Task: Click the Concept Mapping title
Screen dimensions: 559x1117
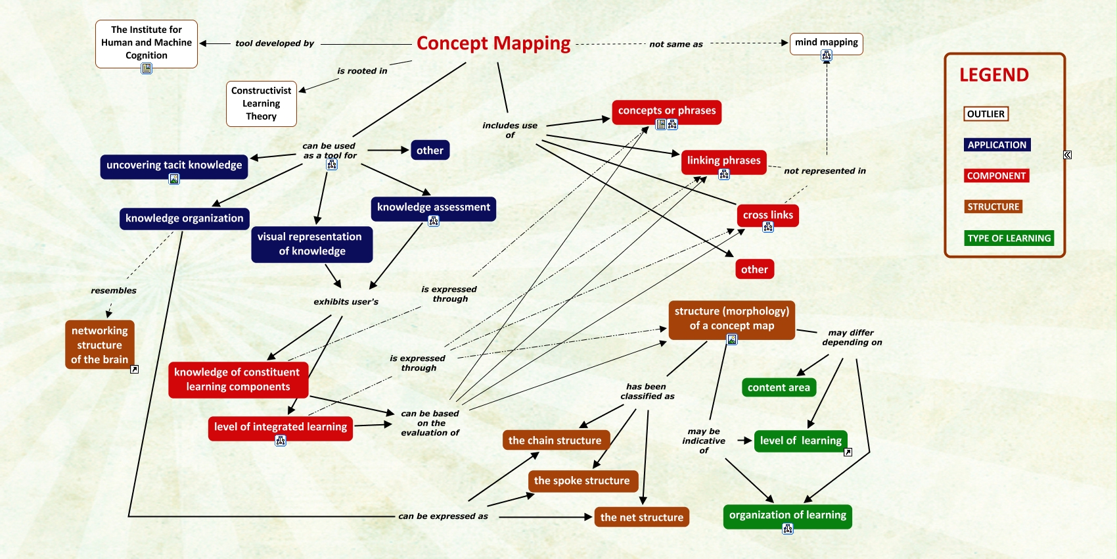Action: (x=493, y=43)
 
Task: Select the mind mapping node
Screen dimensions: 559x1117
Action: (x=826, y=43)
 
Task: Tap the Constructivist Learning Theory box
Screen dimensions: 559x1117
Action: (x=261, y=103)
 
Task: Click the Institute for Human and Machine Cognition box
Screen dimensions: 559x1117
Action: (x=147, y=43)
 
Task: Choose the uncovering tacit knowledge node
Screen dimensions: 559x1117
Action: (x=174, y=165)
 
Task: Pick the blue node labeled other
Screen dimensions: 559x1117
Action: (x=430, y=151)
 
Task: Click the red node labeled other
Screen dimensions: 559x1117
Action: (x=754, y=270)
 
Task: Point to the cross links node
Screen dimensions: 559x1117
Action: (x=767, y=215)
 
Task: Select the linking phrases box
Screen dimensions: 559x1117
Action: (x=723, y=160)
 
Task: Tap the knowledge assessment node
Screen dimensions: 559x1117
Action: (x=433, y=207)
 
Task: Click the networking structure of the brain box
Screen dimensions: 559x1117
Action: (x=100, y=345)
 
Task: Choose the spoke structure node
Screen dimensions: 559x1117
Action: (x=581, y=481)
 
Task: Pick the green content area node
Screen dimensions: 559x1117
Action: (x=779, y=387)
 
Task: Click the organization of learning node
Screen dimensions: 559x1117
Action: (x=787, y=515)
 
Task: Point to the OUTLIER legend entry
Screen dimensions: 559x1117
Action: (x=986, y=114)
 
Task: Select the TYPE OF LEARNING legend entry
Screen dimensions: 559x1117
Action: (x=1009, y=238)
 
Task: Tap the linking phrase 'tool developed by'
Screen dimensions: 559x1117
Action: (x=275, y=43)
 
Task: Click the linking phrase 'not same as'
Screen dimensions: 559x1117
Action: (x=676, y=44)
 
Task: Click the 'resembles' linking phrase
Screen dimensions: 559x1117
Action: (x=114, y=291)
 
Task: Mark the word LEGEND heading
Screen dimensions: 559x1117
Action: (x=994, y=75)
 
